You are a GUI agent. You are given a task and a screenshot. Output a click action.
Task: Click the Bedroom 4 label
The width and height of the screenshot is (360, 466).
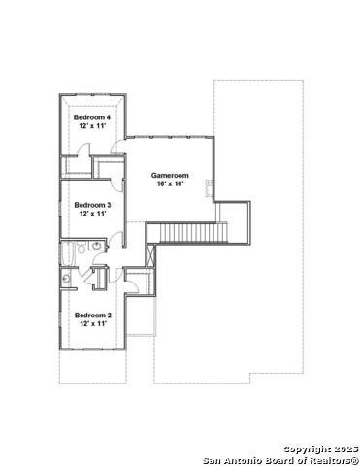pyautogui.click(x=93, y=117)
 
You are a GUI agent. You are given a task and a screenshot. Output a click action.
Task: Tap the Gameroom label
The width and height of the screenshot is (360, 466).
pyautogui.click(x=169, y=175)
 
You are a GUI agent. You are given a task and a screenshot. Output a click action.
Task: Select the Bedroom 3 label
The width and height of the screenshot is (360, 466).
pyautogui.click(x=93, y=205)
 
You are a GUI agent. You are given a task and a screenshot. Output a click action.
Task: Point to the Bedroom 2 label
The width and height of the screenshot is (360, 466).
pyautogui.click(x=93, y=315)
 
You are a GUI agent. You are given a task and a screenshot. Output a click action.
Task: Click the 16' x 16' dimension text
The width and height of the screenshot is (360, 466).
pyautogui.click(x=169, y=183)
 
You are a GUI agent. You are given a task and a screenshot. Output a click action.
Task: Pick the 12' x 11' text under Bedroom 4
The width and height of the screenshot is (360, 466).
pyautogui.click(x=93, y=126)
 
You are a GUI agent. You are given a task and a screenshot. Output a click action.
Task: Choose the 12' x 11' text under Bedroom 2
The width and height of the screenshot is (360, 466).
pyautogui.click(x=93, y=323)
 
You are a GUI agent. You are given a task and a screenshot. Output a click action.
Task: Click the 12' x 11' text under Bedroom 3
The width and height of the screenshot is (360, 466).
pyautogui.click(x=93, y=214)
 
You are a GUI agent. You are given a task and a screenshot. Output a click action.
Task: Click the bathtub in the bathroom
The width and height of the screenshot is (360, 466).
pyautogui.click(x=69, y=253)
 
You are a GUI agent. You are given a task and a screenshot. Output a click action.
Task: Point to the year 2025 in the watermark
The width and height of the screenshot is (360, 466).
pyautogui.click(x=344, y=448)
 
